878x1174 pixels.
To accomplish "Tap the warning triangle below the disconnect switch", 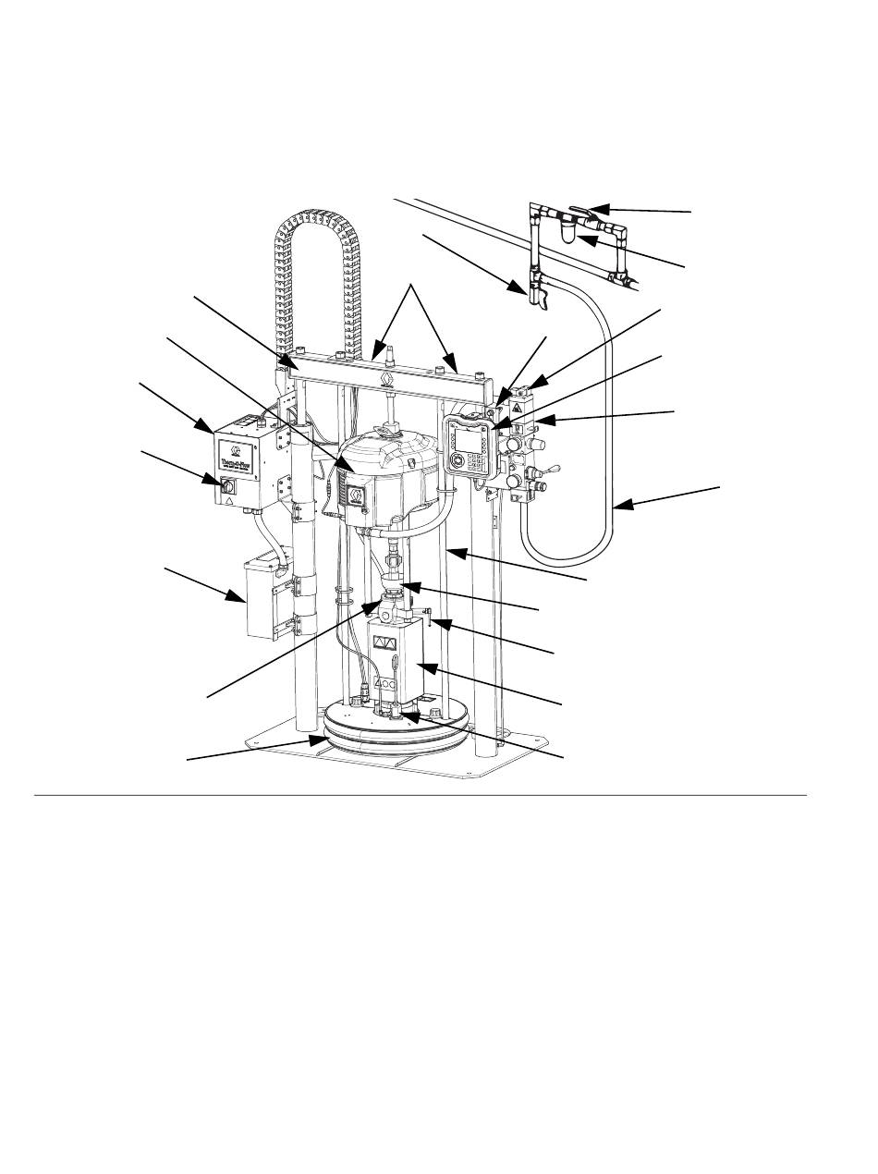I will pos(228,500).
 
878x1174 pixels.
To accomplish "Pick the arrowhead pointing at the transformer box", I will pos(238,598).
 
